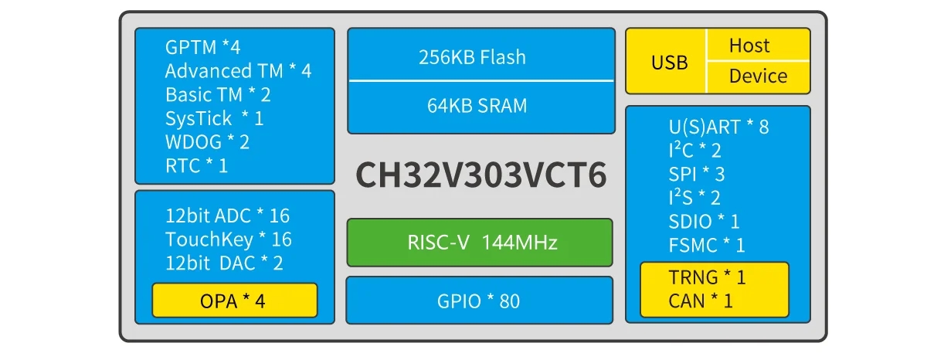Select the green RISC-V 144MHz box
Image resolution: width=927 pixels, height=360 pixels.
point(480,243)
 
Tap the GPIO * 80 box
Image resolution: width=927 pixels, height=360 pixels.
point(480,301)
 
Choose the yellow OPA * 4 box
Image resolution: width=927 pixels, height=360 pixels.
point(234,301)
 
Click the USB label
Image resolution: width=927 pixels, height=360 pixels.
point(669,63)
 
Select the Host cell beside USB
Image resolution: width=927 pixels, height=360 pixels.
point(758,46)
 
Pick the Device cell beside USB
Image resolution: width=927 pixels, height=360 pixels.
point(758,76)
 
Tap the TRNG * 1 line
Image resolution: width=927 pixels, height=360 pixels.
point(707,277)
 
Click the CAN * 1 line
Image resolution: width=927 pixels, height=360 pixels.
point(701,301)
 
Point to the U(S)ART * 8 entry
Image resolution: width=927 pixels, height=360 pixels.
point(718,127)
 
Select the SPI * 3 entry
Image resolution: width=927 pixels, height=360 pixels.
point(696,175)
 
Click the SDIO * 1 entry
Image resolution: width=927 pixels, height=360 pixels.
point(704,222)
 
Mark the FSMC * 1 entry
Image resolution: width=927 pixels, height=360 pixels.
point(706,246)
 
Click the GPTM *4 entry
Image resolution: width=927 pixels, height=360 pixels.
point(202,47)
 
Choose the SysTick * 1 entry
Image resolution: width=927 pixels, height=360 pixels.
point(214,118)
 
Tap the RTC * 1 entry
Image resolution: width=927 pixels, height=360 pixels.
point(196,165)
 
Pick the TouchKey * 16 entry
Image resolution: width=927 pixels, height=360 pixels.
point(228,239)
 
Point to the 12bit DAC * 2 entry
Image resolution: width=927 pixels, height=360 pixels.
point(224,263)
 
